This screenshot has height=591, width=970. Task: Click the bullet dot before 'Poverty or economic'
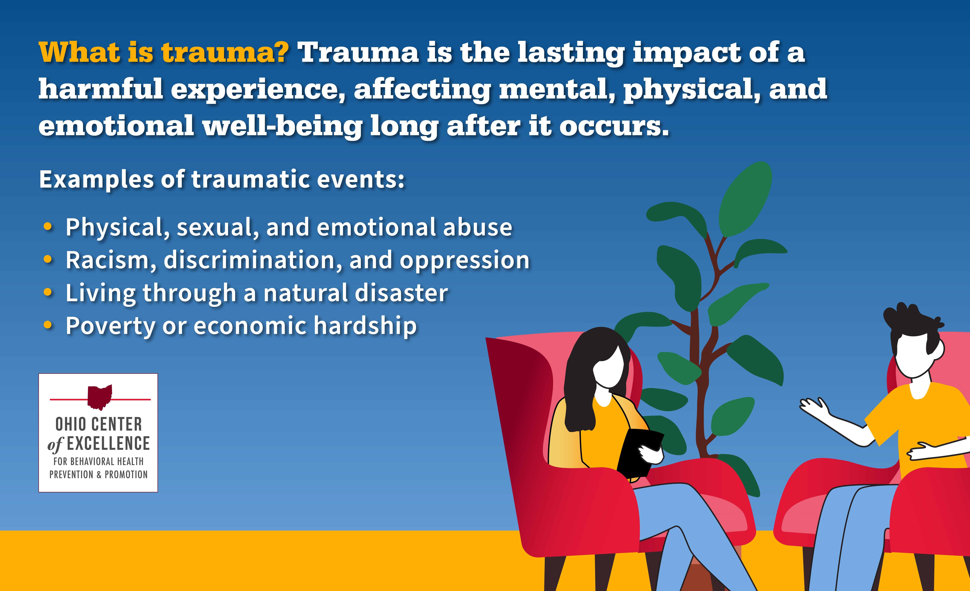point(48,325)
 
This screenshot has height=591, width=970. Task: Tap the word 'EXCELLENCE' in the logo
point(108,443)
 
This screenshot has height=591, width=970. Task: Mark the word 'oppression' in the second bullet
point(464,261)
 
